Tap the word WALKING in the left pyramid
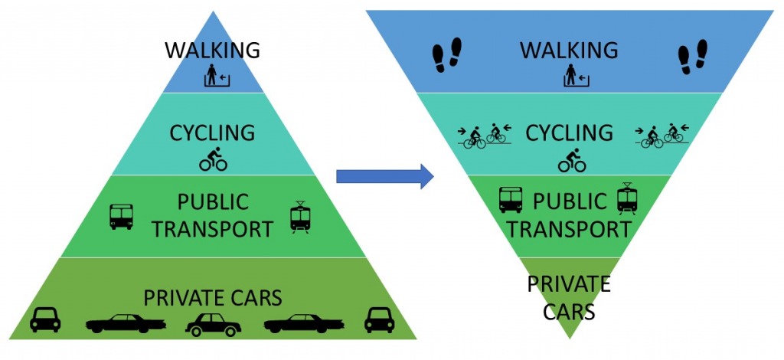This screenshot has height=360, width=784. point(213,51)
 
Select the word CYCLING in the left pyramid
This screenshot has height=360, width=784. point(213,133)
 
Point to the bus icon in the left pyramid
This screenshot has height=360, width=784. point(122,217)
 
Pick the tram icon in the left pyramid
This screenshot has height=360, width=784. point(299,217)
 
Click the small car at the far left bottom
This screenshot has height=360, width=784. point(45,319)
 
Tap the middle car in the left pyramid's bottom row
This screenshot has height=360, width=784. point(213,324)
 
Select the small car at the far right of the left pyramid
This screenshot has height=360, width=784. point(379,319)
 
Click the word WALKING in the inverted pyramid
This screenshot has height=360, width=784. point(569,51)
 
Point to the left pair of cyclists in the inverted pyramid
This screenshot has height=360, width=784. point(484,136)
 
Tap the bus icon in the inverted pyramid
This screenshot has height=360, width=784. point(511,200)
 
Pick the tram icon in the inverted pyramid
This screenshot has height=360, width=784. point(627,198)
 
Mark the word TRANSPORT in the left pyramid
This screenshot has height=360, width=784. point(213,229)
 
